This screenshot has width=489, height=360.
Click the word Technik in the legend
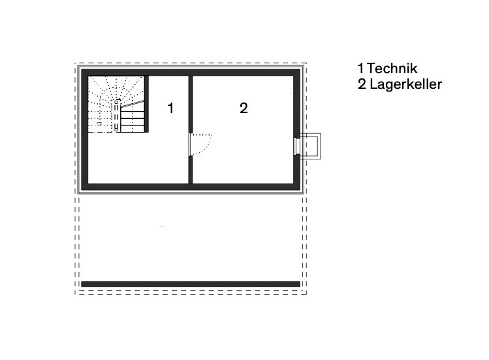tap(392, 69)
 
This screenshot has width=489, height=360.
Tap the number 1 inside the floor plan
tap(171, 108)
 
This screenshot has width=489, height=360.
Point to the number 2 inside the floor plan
tap(244, 108)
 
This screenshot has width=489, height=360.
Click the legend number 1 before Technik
tap(360, 69)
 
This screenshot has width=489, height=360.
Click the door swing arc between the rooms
tap(204, 144)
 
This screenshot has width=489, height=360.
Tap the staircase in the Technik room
tap(118, 105)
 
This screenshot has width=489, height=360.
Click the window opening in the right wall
tap(297, 145)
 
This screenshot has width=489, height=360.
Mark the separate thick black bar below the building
tap(191, 284)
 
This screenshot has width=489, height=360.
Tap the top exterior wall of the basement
tap(191, 72)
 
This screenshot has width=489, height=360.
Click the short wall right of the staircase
tap(147, 105)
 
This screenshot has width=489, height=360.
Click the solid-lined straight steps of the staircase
tap(132, 119)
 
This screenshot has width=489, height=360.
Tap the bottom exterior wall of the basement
tap(191, 186)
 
